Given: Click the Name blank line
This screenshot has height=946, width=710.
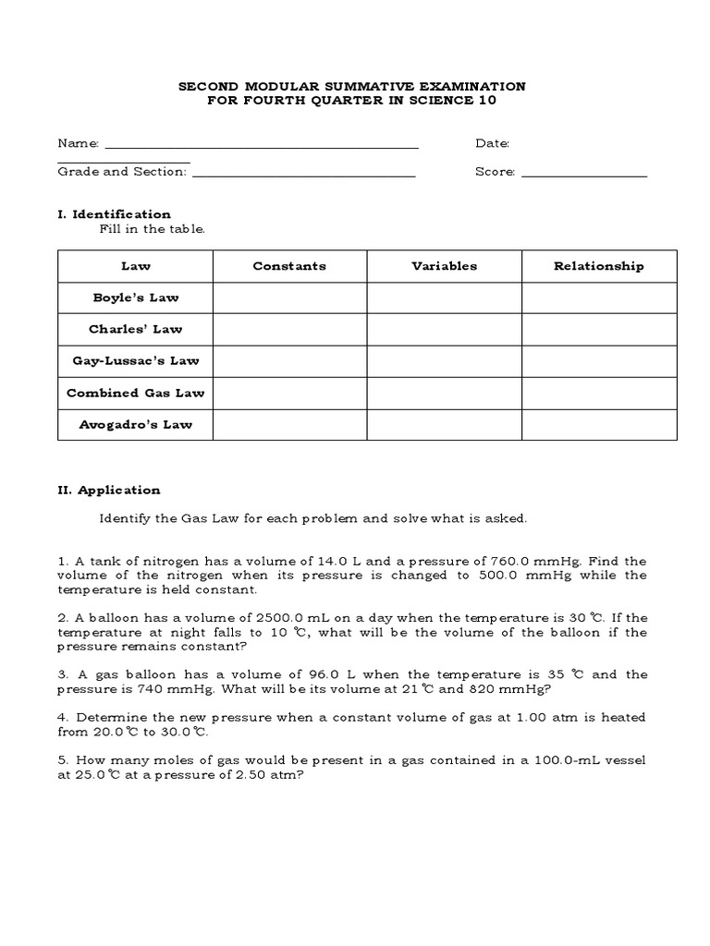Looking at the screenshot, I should coord(262,146).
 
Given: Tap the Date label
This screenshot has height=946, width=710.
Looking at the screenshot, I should coord(492,143).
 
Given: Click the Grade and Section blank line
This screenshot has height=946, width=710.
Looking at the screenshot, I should coord(304,175).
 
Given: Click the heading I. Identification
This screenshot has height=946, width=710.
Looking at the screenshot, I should coord(114,213).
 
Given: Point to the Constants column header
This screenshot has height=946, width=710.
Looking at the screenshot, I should coord(289,266).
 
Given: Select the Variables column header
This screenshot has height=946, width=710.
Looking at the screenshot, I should coord(444,266).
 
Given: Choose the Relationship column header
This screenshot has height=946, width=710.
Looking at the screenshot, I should coord(598,266).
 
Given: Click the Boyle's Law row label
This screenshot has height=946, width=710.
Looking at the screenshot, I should coord(136,297).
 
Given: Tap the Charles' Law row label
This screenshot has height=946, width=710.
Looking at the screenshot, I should coord(136,329).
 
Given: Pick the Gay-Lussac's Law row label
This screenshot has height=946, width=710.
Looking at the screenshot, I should coord(136,361).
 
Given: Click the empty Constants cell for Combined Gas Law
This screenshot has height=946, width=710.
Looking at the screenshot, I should coord(289,393).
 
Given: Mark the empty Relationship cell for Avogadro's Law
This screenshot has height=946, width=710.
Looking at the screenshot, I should coord(598,424).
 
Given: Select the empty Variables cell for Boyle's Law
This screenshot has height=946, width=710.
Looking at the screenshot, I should coord(444,297).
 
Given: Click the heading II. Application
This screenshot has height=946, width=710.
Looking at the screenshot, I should coord(109,491).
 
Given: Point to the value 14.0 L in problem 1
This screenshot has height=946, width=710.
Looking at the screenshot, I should coord(338,561).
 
